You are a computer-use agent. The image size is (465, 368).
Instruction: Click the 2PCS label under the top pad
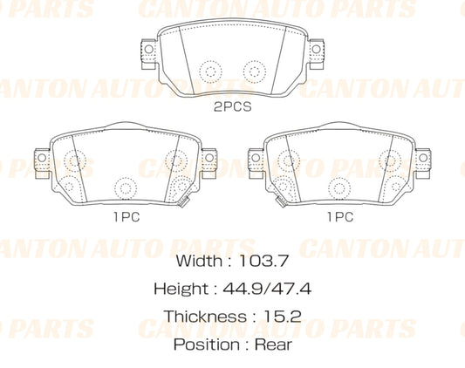[231, 108]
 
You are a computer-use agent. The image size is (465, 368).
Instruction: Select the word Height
[180, 288]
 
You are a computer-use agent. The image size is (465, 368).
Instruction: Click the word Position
[206, 344]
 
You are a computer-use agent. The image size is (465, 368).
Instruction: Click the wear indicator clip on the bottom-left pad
[185, 203]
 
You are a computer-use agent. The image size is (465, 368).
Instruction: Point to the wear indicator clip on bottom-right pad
[279, 203]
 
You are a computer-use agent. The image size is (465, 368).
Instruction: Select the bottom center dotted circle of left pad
[126, 187]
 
